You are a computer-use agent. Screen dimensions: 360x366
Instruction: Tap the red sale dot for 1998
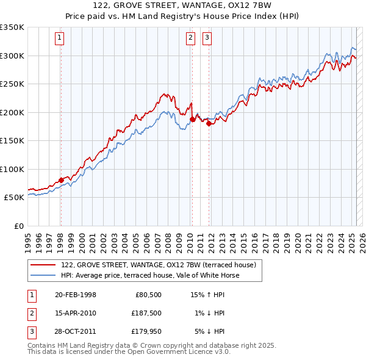click(x=61, y=180)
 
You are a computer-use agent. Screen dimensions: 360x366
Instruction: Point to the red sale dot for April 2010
click(x=192, y=120)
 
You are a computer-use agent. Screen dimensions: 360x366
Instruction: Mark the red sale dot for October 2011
click(x=209, y=124)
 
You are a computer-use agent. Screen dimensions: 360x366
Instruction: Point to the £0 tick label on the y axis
click(x=18, y=226)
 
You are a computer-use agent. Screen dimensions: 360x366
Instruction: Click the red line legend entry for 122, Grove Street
click(x=162, y=265)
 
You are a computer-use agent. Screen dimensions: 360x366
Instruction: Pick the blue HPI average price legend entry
click(x=150, y=276)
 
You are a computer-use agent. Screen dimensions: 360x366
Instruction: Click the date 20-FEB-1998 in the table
click(x=75, y=295)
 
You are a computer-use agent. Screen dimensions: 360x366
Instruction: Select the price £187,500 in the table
click(x=146, y=313)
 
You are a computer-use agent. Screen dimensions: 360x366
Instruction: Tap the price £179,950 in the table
click(x=146, y=331)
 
